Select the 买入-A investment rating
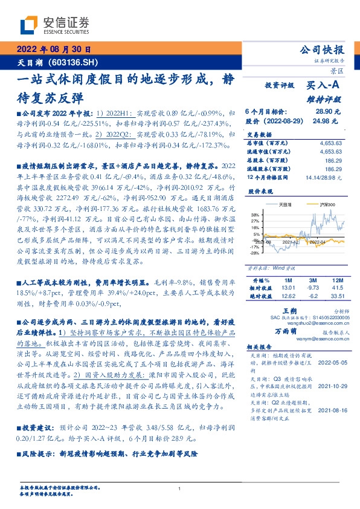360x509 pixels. pyautogui.click(x=324, y=86)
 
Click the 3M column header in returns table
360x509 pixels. pyautogui.click(x=313, y=280)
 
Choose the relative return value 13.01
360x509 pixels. pyautogui.click(x=289, y=288)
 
